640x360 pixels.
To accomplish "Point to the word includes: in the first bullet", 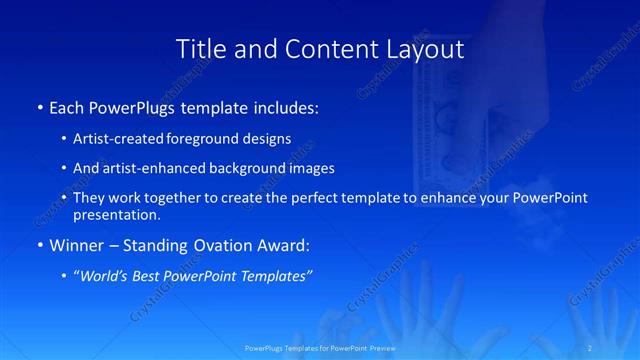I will (284, 106).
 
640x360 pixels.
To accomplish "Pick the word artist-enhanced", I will (148, 168).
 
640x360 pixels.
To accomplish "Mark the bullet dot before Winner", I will (40, 245).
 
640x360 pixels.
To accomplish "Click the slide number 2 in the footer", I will (592, 348).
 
